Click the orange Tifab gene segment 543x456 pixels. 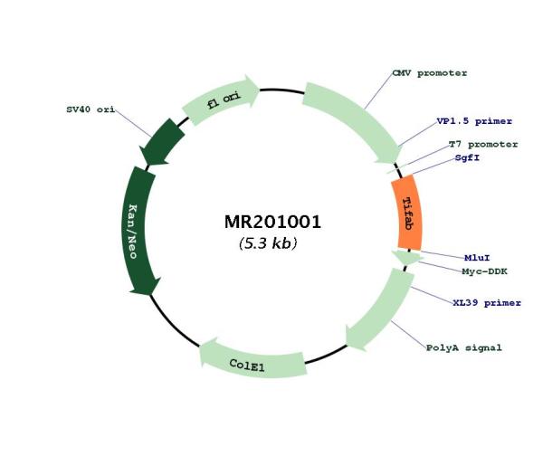[407, 213]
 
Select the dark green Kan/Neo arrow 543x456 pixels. [138, 230]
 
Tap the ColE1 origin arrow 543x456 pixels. [252, 361]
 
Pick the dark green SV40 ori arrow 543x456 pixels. [162, 142]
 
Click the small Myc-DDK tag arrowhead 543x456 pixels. [407, 258]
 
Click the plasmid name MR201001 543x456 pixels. [273, 222]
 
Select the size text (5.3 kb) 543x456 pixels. [268, 243]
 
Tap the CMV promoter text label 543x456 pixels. [429, 73]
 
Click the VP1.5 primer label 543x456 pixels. [474, 121]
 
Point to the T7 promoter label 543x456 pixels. [483, 144]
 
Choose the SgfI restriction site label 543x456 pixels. [467, 158]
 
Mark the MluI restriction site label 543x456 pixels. [477, 258]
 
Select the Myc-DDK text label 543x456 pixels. [484, 271]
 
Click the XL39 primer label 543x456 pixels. [487, 303]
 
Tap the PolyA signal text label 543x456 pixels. [463, 347]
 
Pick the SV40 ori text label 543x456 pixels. [90, 109]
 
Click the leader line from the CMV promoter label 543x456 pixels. [378, 91]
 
